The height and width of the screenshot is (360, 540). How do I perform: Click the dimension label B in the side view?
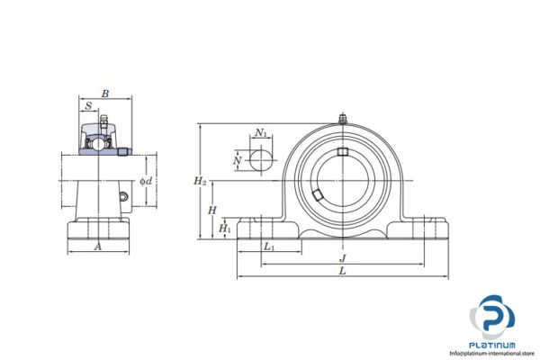[105, 93]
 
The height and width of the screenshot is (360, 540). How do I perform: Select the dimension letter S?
[87, 106]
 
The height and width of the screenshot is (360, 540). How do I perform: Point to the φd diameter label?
[146, 181]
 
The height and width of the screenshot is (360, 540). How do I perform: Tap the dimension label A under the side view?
[97, 245]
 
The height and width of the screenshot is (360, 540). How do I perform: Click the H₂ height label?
[200, 181]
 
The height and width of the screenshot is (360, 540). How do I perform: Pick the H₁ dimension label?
[225, 229]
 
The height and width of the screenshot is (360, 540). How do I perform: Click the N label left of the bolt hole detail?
[238, 161]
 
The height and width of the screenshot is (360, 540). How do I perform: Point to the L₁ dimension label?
[269, 246]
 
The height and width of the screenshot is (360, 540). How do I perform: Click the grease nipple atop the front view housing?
[342, 117]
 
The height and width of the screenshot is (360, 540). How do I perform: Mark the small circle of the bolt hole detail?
[260, 161]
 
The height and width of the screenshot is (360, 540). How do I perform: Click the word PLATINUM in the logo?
[494, 344]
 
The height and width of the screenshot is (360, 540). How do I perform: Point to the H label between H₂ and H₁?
[211, 210]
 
